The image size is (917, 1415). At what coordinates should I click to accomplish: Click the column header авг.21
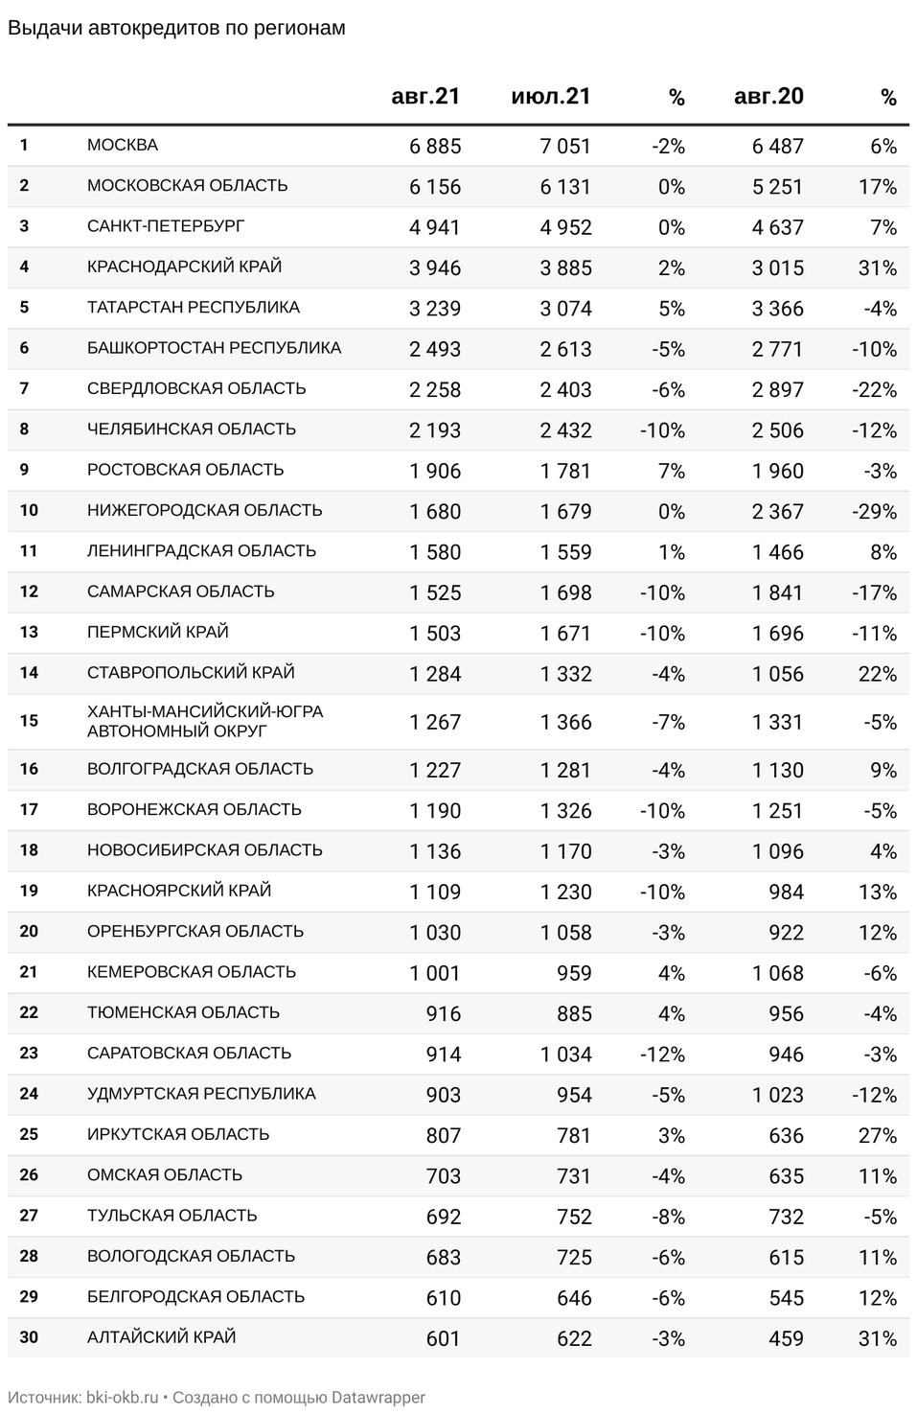(x=425, y=96)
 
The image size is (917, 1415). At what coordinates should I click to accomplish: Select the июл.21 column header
(x=551, y=96)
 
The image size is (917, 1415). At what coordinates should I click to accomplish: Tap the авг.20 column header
(x=768, y=96)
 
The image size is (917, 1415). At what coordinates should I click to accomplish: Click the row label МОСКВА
(x=123, y=146)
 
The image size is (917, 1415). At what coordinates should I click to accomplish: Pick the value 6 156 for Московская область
(x=435, y=187)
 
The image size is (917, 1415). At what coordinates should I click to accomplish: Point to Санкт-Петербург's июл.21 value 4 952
(x=565, y=227)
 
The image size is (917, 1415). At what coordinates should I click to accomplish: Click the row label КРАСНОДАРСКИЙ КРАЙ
(x=184, y=267)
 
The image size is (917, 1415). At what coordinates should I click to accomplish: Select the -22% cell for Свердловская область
(x=874, y=389)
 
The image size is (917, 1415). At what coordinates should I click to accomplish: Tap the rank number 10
(x=29, y=511)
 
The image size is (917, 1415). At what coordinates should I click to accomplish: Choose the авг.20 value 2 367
(x=777, y=512)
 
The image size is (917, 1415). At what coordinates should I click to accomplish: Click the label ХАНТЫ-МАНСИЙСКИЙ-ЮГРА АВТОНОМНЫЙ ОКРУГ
(x=205, y=721)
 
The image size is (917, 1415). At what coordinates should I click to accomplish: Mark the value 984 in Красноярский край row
(x=786, y=892)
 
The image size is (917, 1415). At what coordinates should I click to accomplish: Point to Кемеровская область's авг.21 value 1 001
(x=435, y=973)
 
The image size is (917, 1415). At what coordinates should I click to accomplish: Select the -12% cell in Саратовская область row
(x=662, y=1055)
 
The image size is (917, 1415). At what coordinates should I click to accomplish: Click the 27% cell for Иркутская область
(x=878, y=1135)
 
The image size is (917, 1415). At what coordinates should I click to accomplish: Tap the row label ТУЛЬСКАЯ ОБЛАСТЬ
(x=172, y=1216)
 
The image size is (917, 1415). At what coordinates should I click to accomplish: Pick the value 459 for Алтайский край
(x=786, y=1338)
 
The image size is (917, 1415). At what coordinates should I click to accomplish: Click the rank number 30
(x=29, y=1337)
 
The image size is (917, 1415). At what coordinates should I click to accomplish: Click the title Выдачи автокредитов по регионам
(x=176, y=29)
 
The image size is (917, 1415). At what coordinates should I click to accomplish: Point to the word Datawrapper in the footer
(x=378, y=1398)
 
